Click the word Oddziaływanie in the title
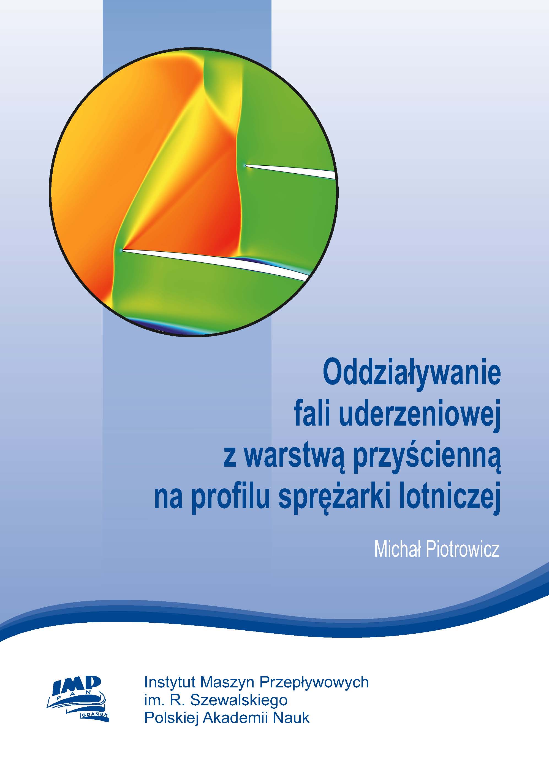pos(412,375)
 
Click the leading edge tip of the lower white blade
pos(122,250)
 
